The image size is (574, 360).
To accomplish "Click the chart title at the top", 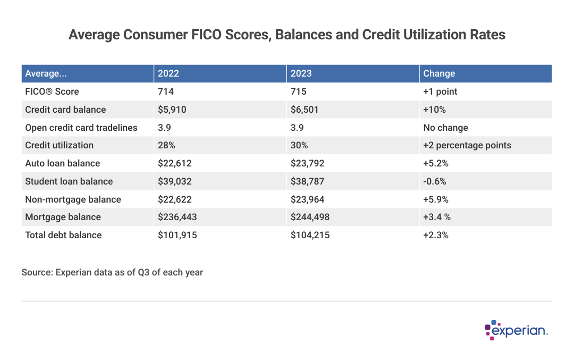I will point(287,35).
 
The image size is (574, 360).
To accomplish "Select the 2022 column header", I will point(168,73).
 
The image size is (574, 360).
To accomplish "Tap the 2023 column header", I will point(301,73).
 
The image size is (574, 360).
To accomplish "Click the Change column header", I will point(439,73).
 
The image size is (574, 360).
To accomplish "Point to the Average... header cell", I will point(46,73).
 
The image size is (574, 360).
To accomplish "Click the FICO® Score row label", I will point(52,91).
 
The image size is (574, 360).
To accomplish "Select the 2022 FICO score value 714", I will point(166,91).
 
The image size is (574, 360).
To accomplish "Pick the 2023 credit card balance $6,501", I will point(306,110).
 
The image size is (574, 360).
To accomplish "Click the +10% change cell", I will point(435,110).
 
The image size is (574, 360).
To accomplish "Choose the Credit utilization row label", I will point(59,145).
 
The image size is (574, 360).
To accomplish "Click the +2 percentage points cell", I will point(467,145).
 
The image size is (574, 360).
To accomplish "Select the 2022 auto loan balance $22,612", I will point(175,163).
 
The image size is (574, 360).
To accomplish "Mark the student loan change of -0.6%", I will point(435,181).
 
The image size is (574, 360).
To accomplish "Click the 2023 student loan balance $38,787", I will point(308,181).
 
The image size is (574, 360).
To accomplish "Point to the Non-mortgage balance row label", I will point(73,199).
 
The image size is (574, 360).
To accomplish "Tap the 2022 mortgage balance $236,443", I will point(178,217).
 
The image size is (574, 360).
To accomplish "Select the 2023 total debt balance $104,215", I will point(310,235).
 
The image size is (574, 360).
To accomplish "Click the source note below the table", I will point(112,272).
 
